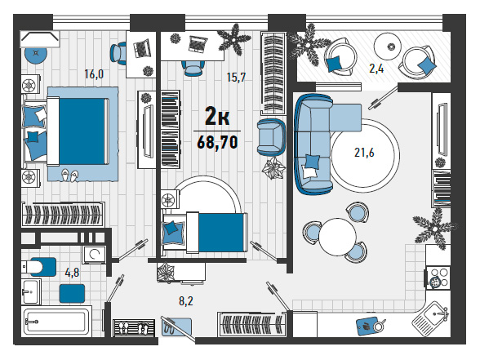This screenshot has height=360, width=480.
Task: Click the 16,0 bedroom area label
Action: [x=94, y=74]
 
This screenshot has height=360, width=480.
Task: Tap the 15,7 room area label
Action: [x=236, y=77]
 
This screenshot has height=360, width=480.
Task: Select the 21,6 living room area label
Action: [x=364, y=152]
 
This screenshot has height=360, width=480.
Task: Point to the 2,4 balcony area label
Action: [x=376, y=69]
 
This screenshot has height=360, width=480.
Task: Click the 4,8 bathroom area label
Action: [x=72, y=272]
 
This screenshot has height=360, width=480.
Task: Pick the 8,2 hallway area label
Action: [x=186, y=301]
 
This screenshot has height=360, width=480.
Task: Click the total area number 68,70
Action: [x=217, y=142]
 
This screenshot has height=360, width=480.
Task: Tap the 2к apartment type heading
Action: [x=217, y=116]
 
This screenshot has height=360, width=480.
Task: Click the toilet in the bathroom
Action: [x=38, y=267]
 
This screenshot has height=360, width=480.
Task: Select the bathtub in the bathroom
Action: [x=56, y=322]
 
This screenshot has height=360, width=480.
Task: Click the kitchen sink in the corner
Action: [x=431, y=316]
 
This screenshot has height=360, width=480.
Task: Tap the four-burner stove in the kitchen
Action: [x=438, y=278]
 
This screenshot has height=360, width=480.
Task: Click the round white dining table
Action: [x=337, y=237]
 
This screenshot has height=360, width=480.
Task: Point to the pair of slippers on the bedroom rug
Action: [x=69, y=176]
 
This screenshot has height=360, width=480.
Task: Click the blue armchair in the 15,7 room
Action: [x=271, y=137]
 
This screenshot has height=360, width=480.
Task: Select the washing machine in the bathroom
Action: [x=95, y=254]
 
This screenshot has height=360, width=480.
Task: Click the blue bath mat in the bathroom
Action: [x=72, y=294]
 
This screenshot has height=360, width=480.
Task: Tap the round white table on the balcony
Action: [x=387, y=47]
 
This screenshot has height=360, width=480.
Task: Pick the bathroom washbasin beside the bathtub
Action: [x=31, y=291]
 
